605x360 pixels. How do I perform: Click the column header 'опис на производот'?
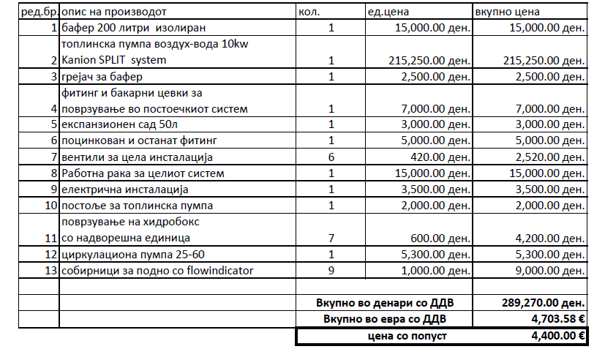[x=114, y=12]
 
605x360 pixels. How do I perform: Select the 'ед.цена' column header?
[x=389, y=12]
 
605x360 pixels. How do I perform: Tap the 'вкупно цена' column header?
[x=508, y=12]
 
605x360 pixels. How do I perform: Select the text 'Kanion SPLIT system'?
[x=114, y=60]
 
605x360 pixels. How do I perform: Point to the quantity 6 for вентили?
[x=331, y=157]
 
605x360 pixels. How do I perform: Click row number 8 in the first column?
[x=53, y=173]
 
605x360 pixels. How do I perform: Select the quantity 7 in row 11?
[x=331, y=237]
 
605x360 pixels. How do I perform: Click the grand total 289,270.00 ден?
[x=543, y=302]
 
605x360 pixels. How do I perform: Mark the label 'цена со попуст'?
[x=407, y=336]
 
